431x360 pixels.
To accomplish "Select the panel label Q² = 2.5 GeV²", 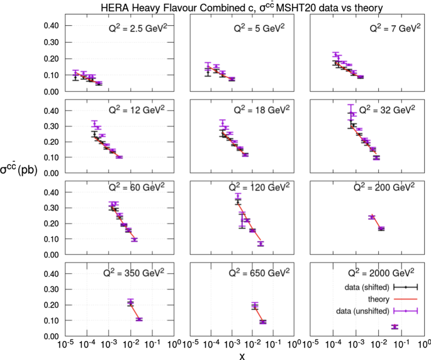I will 135,29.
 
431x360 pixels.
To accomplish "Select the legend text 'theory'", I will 379,299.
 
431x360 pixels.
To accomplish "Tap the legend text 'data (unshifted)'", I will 364,310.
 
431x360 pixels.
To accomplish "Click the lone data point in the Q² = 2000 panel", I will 395,327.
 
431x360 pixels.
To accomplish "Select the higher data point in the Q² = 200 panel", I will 372,217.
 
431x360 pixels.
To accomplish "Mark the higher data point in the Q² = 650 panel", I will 255,307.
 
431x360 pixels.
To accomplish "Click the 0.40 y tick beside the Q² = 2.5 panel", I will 55,26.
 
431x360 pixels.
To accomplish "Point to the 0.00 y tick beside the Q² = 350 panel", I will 55,337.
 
